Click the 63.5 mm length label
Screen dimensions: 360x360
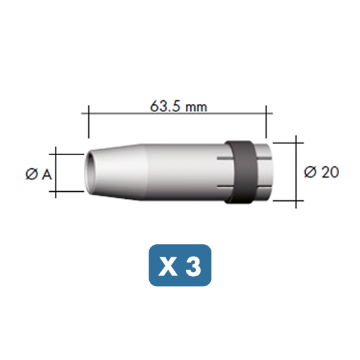click(179, 107)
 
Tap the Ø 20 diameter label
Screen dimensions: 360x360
click(321, 172)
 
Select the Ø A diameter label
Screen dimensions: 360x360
click(39, 174)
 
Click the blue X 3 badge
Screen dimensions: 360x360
click(180, 265)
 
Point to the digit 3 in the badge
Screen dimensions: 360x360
click(193, 266)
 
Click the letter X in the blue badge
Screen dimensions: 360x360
click(168, 266)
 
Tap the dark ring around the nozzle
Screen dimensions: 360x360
click(241, 172)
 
